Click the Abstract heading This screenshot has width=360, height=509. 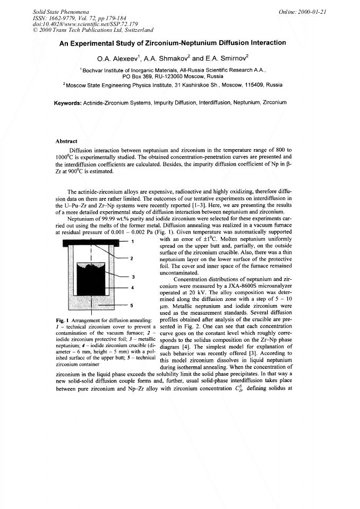click(x=66, y=142)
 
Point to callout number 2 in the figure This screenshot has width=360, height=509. click(x=132, y=259)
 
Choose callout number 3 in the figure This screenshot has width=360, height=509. click(x=132, y=277)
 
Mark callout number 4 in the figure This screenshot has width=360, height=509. click(x=132, y=288)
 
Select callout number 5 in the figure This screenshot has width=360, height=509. click(x=132, y=306)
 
